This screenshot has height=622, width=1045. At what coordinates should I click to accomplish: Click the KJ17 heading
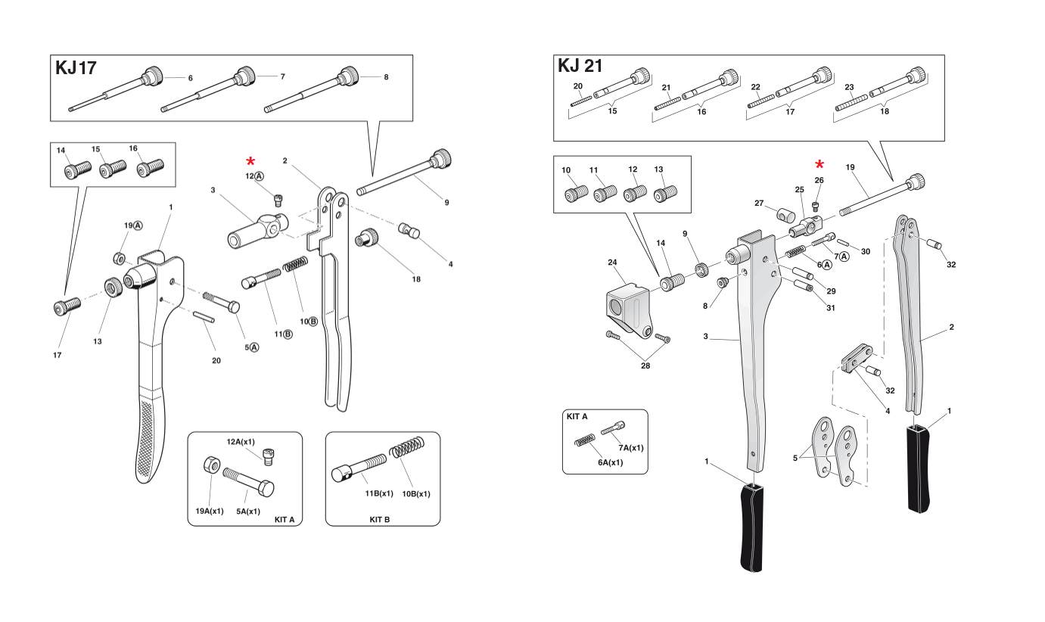click(76, 68)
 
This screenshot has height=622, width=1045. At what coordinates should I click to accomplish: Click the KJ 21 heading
click(580, 66)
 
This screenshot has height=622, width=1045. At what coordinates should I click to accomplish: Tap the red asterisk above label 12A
click(250, 161)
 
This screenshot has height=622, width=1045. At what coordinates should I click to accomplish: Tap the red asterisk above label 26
click(819, 165)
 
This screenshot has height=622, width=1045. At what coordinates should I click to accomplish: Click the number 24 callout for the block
click(613, 263)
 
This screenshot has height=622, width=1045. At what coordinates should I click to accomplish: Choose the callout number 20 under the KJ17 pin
click(216, 360)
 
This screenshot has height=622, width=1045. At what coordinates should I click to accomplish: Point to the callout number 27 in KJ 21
click(760, 203)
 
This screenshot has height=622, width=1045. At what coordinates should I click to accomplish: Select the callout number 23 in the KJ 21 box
click(849, 87)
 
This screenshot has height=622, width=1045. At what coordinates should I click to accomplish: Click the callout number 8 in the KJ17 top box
click(386, 77)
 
